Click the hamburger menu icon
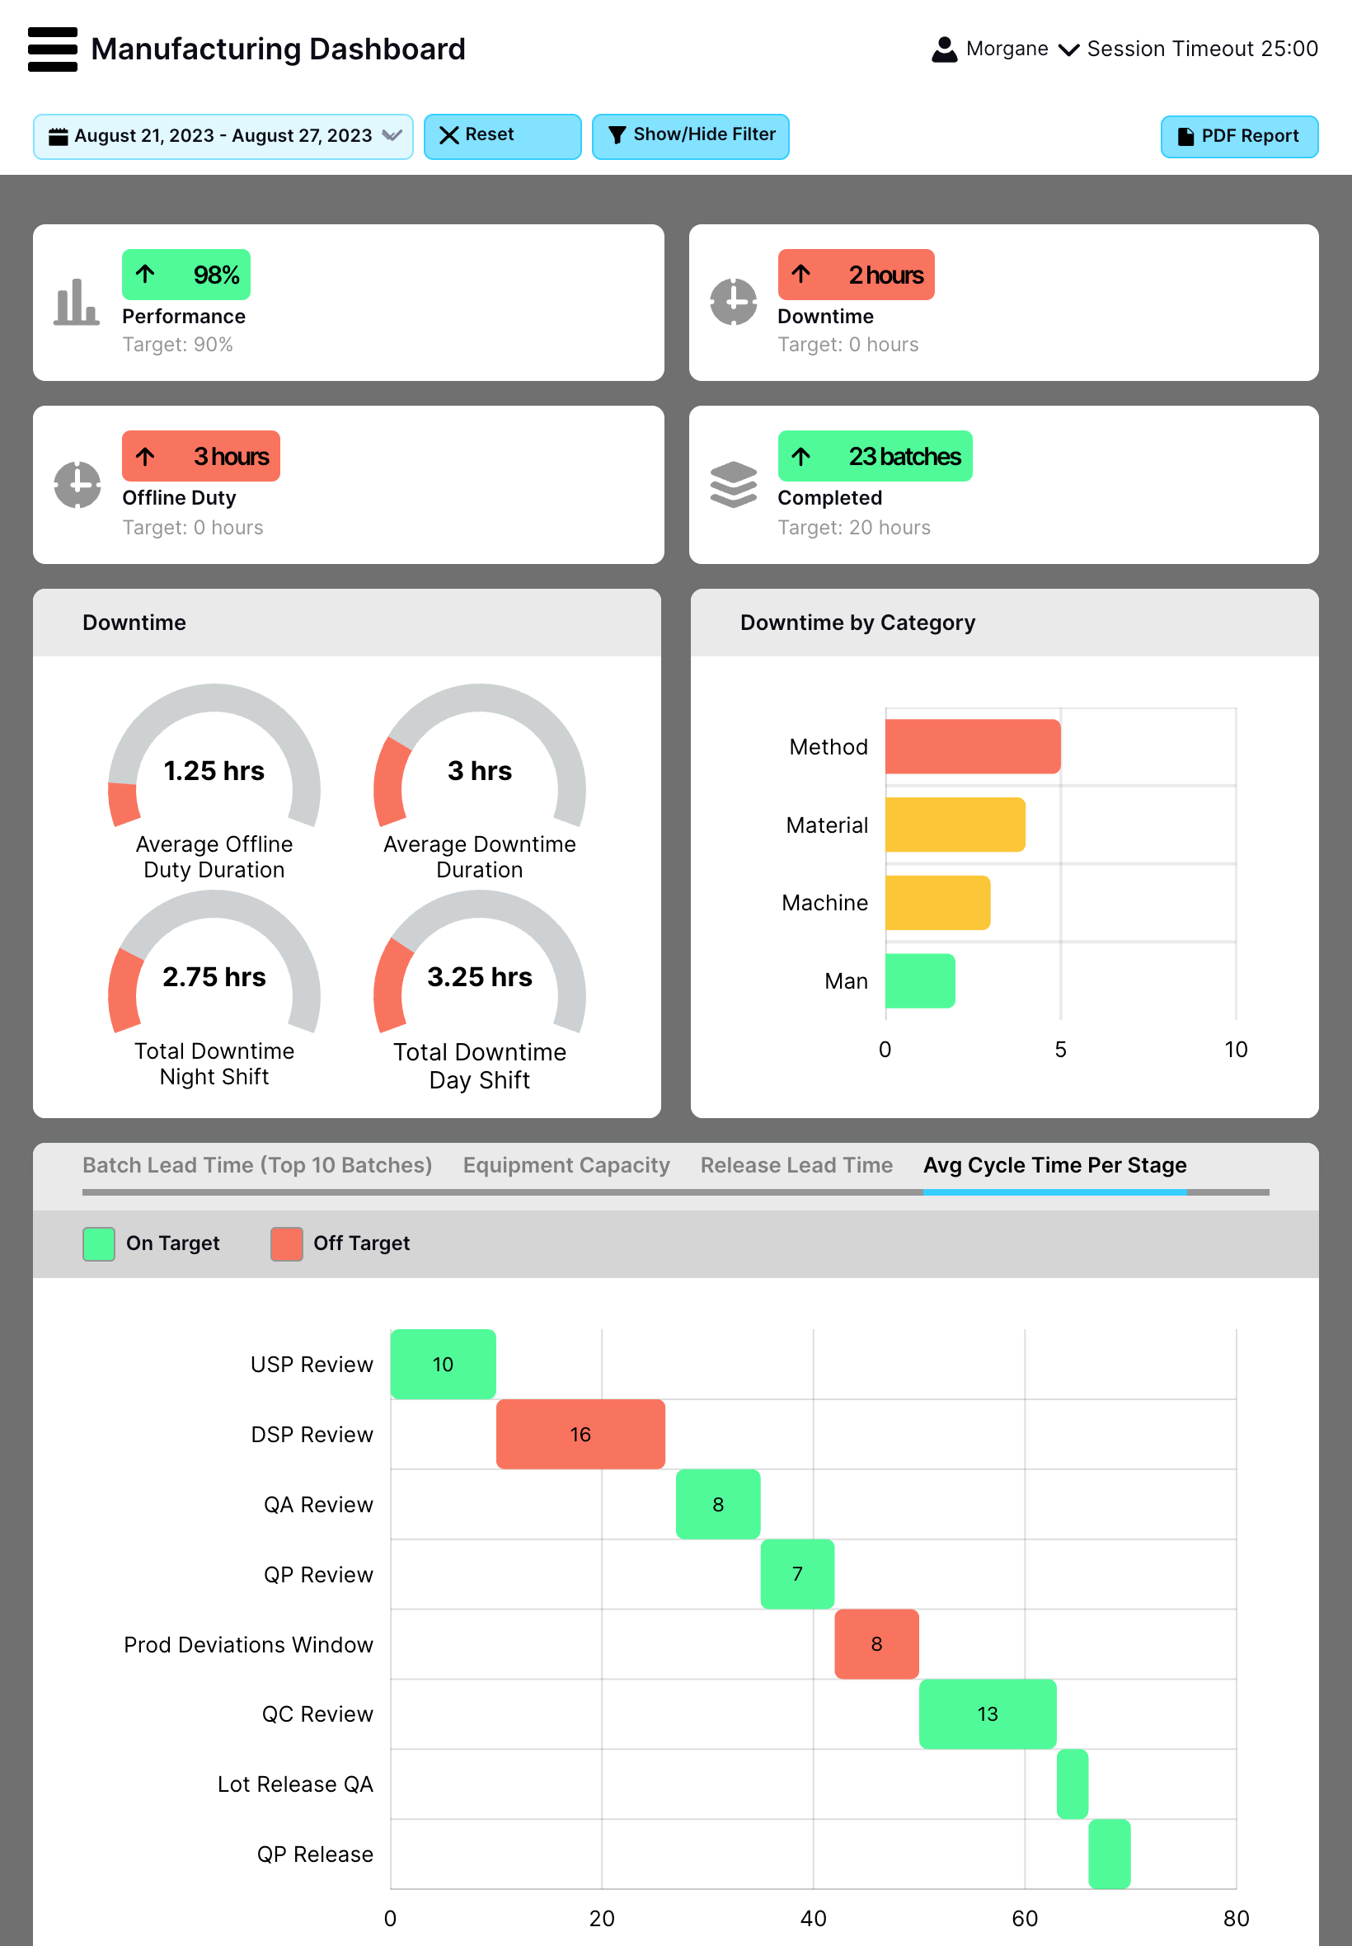point(52,49)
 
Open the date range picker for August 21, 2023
point(223,136)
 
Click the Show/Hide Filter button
point(689,135)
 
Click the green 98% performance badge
point(185,275)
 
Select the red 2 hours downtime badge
point(856,275)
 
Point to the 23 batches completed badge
point(874,457)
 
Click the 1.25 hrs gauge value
point(214,771)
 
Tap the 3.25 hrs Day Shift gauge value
point(480,977)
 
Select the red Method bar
point(972,746)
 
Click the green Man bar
point(919,980)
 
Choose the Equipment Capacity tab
point(566,1165)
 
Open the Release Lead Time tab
point(796,1165)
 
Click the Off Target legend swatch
point(286,1243)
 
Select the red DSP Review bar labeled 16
point(580,1433)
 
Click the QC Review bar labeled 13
point(987,1713)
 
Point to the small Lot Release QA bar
point(1072,1784)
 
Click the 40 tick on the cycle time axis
point(812,1918)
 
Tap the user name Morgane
point(1007,49)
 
